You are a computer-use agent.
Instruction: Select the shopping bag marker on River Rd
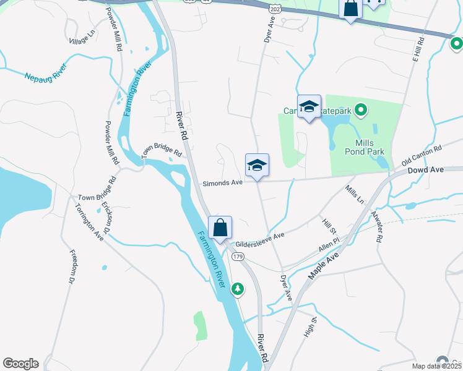coord(220,228)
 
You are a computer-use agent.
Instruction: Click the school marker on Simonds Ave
coord(257,166)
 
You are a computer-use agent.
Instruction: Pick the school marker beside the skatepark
coord(309,107)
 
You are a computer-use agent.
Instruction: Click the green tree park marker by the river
coord(237,289)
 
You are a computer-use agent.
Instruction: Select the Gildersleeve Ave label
coord(259,236)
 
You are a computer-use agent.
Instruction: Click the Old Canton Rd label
coord(422,155)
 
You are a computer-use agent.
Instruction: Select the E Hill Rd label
coord(420,49)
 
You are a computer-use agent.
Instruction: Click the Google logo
coord(20,364)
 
